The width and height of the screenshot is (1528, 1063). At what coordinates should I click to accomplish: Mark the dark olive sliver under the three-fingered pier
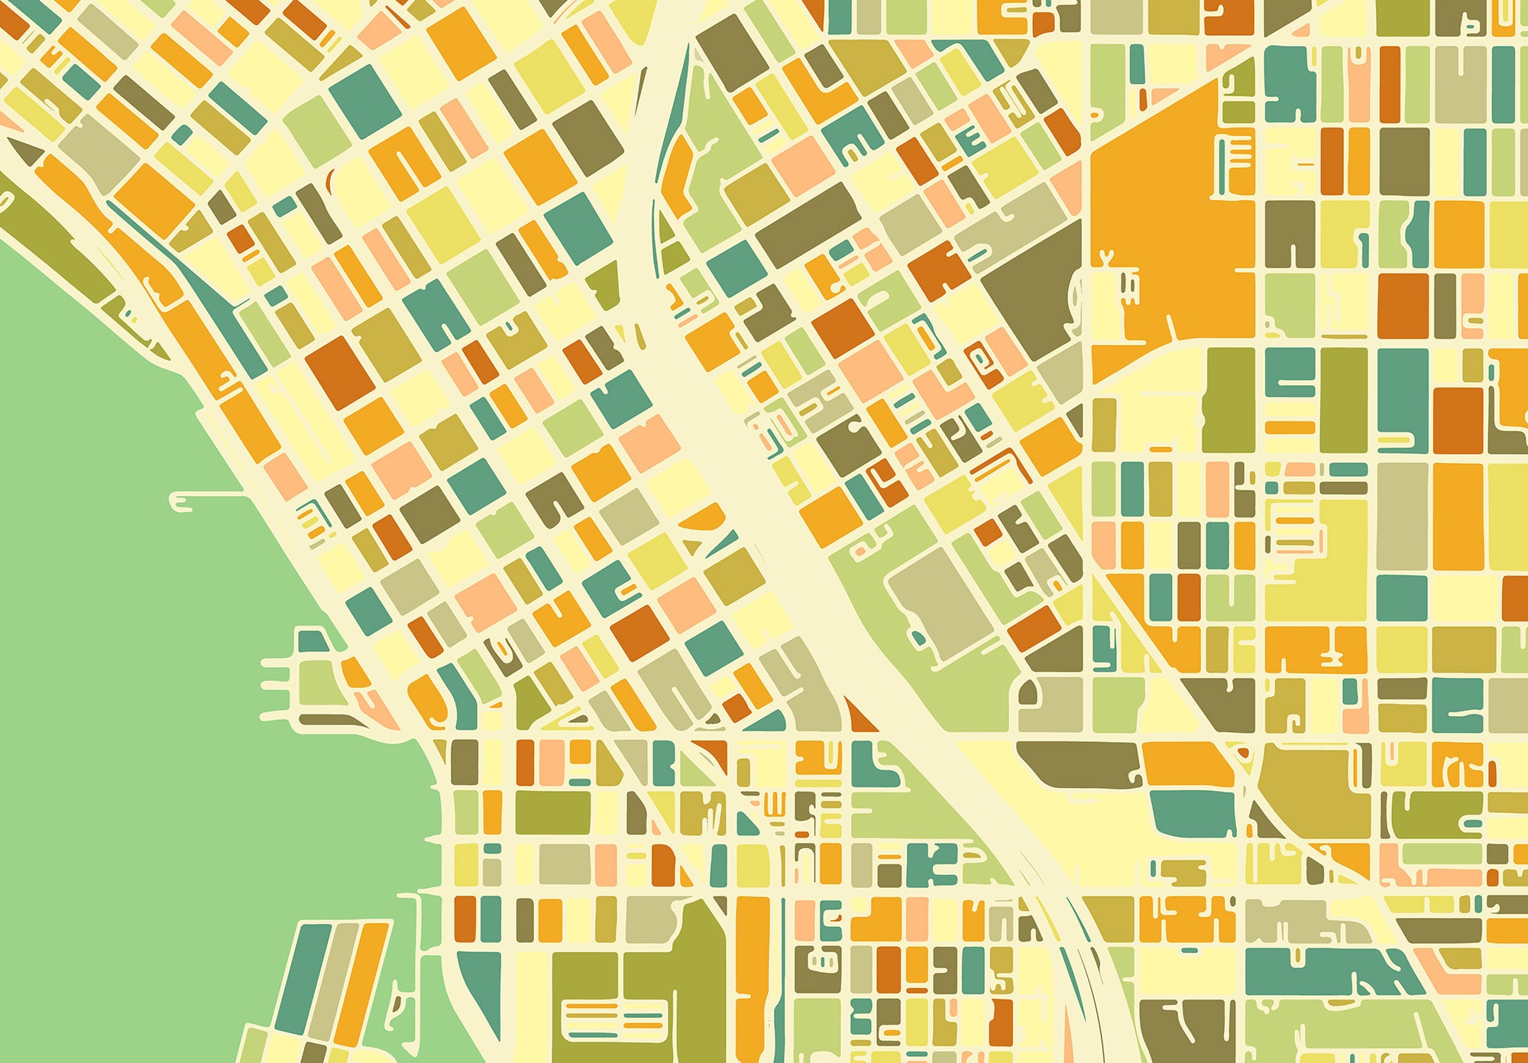[329, 720]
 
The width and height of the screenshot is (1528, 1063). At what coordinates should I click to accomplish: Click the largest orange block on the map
[1169, 229]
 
